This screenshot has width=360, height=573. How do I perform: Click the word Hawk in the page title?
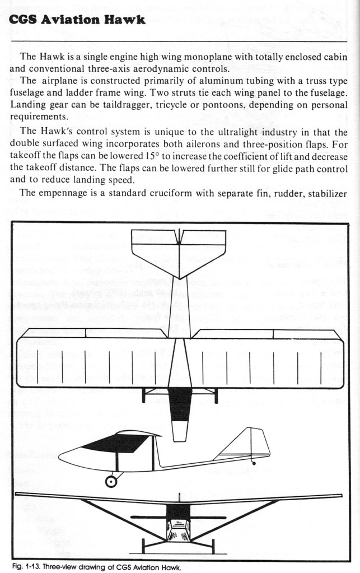tap(124, 20)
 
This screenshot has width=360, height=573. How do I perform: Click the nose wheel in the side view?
tap(112, 480)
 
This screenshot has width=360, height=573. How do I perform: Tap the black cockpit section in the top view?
tap(179, 403)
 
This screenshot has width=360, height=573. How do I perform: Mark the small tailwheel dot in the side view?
tap(255, 463)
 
